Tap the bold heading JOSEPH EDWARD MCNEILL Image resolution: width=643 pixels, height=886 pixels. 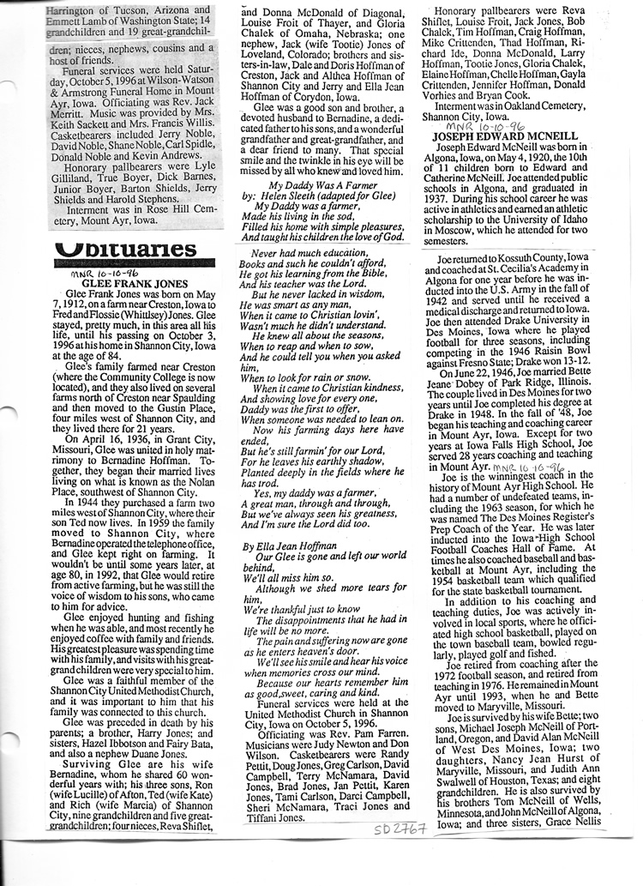pyautogui.click(x=492, y=136)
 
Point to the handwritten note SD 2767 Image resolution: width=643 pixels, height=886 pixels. pyautogui.click(x=400, y=829)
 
